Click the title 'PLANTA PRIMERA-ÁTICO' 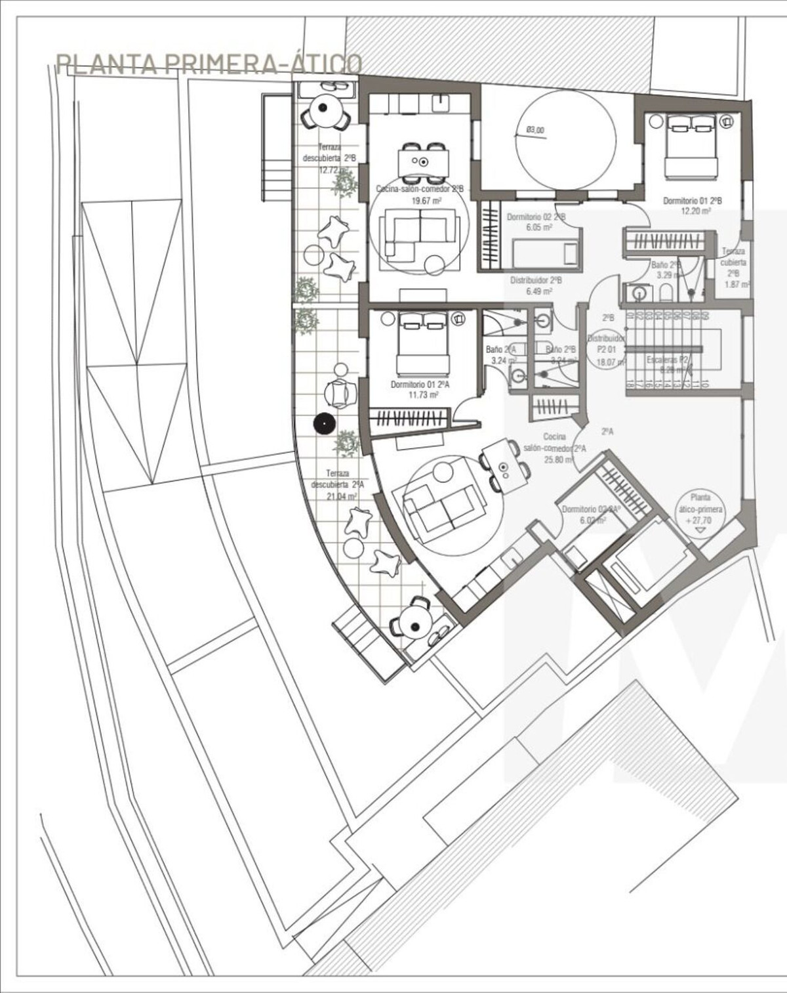[209, 64]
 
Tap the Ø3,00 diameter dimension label [535, 130]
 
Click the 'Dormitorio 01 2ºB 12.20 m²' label [692, 205]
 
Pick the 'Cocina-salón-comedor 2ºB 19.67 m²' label [420, 194]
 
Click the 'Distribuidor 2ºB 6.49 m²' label [536, 285]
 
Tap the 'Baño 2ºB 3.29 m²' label [666, 270]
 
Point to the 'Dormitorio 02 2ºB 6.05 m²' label [536, 221]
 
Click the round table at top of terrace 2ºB [325, 111]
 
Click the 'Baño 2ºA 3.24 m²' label [501, 355]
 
